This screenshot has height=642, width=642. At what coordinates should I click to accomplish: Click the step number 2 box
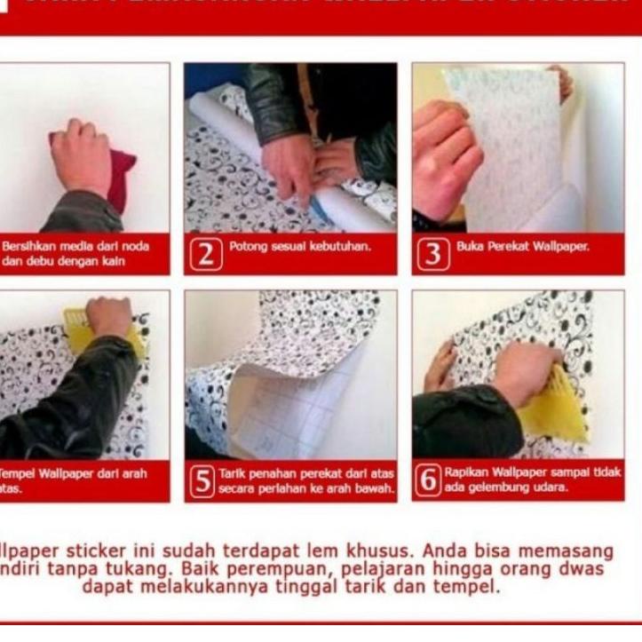pos(205,257)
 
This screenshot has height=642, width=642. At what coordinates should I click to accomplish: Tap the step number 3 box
pos(432,255)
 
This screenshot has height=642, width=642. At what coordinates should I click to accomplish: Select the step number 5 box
pos(204,482)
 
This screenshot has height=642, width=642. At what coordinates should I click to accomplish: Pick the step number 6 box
pos(429,480)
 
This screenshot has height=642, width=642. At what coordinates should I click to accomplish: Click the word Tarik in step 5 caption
pos(232,473)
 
